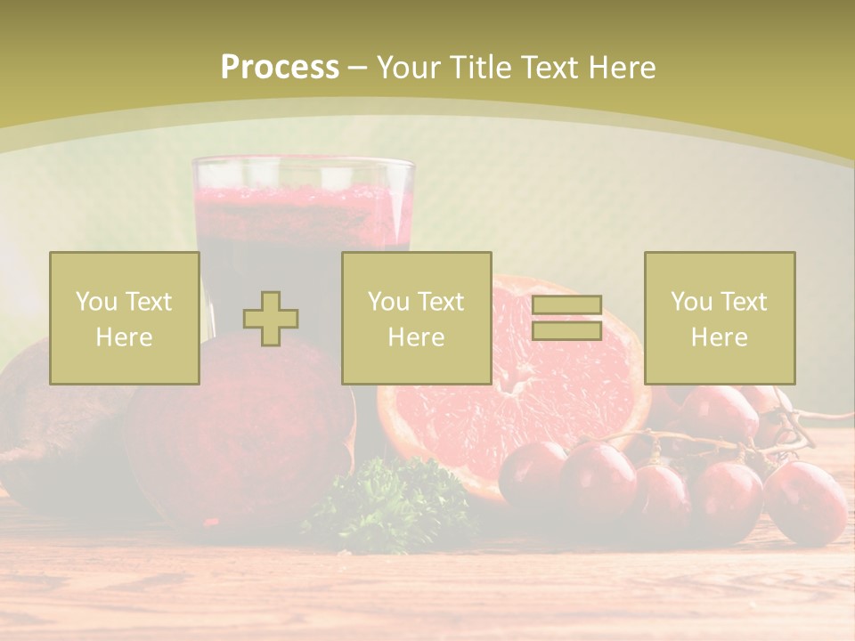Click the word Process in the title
(280, 68)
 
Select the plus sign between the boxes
(271, 319)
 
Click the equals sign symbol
(566, 318)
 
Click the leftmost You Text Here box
(125, 319)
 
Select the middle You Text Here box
(417, 319)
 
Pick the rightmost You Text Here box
(720, 319)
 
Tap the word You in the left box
(96, 302)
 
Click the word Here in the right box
(720, 337)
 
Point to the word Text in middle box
(442, 302)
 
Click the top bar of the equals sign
(566, 305)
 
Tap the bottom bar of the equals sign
(566, 330)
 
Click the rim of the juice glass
(304, 162)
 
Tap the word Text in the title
(550, 68)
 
